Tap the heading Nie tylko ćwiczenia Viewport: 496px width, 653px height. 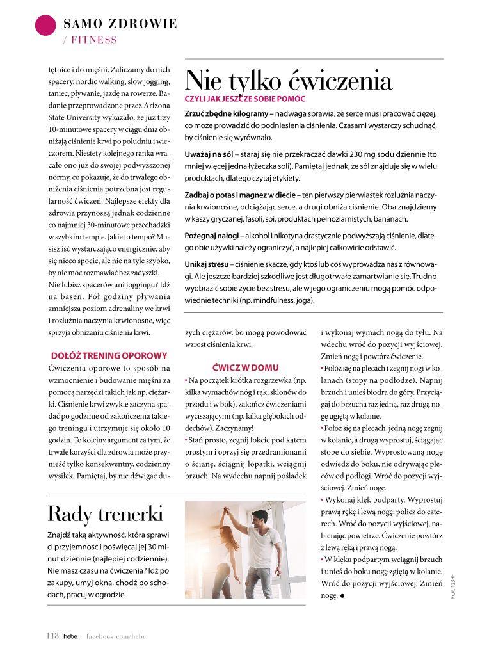pos(288,81)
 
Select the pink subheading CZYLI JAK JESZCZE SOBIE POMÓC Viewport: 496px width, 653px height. pos(245,99)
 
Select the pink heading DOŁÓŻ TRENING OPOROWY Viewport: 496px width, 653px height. pos(109,355)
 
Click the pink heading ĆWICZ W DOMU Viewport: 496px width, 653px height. pos(245,367)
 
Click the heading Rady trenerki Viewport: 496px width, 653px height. pos(106,513)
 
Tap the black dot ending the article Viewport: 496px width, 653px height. pos(343,595)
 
